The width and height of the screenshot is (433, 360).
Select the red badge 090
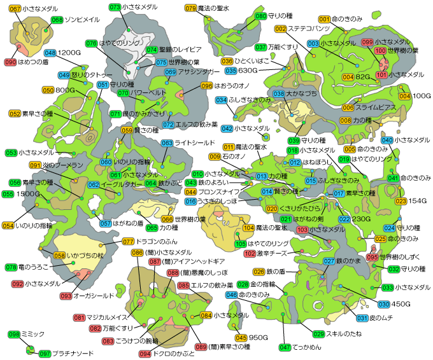click(x=10, y=62)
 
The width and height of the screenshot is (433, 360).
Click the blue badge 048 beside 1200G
click(x=50, y=53)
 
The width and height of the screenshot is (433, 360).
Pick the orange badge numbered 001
click(x=324, y=20)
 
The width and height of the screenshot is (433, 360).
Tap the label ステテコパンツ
click(x=309, y=29)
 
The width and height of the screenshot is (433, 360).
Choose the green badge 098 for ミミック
click(x=14, y=334)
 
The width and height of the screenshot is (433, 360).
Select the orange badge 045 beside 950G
click(x=241, y=337)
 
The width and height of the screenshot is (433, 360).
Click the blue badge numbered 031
click(x=362, y=318)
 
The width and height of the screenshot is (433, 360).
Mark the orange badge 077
click(x=128, y=242)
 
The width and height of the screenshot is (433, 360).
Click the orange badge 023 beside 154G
click(x=401, y=202)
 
